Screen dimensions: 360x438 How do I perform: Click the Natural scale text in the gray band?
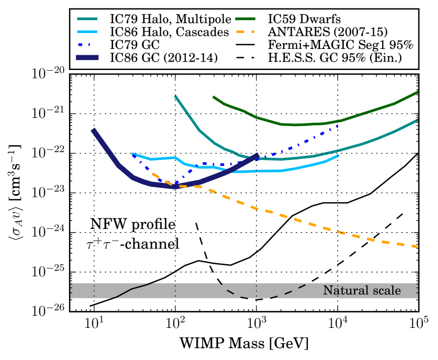(362, 291)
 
